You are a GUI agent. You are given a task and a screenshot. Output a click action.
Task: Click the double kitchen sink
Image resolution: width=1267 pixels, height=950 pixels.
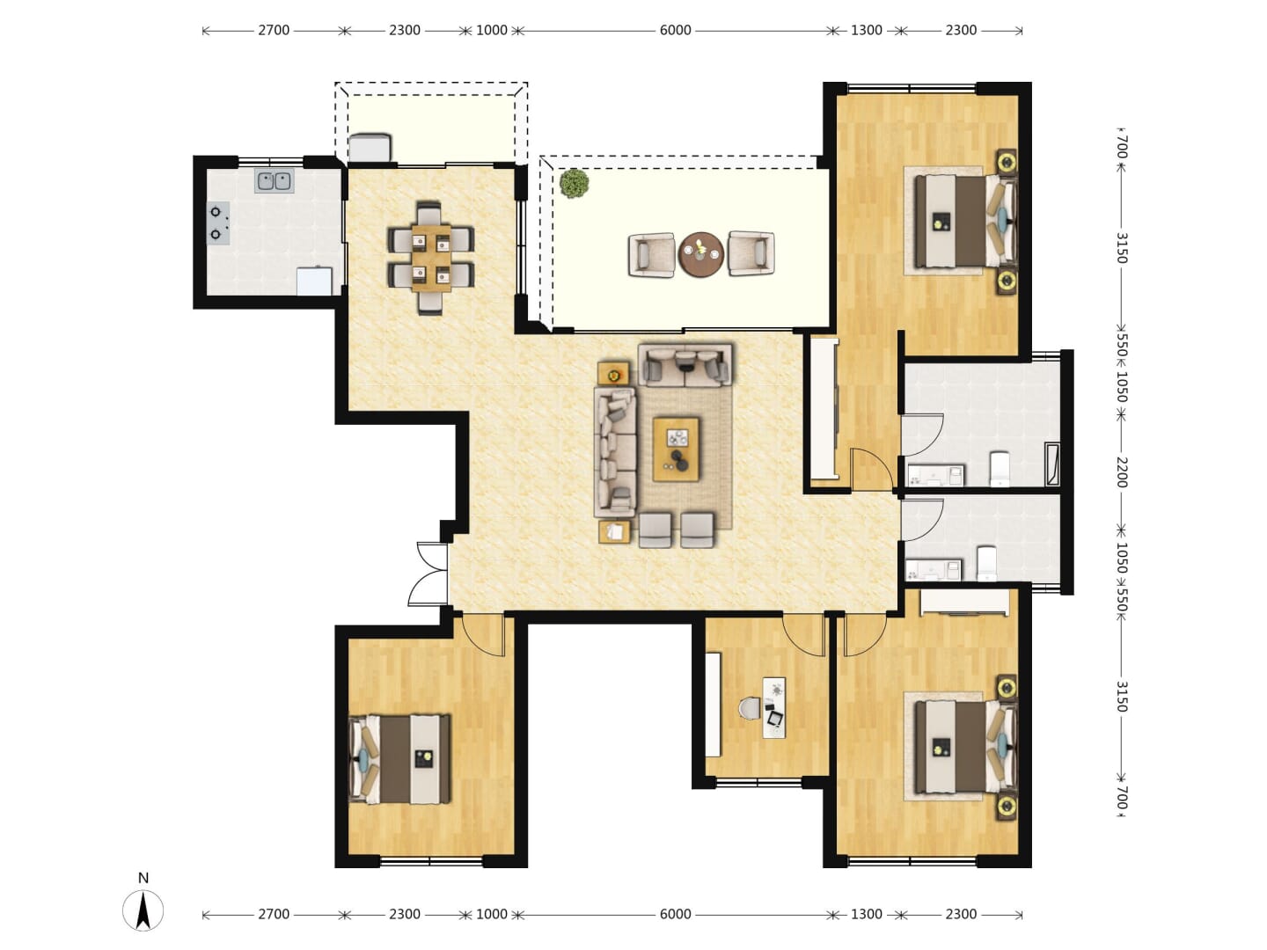click(x=274, y=180)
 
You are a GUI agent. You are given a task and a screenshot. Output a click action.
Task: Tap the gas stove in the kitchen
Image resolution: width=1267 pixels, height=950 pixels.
click(x=218, y=223)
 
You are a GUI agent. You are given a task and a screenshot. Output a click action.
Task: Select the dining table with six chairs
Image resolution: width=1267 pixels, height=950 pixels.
click(x=431, y=257)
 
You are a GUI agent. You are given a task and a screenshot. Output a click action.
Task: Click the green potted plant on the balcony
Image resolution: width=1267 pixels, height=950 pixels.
click(x=574, y=184)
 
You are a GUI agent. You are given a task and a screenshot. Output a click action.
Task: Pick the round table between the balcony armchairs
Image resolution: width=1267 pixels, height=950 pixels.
click(x=700, y=254)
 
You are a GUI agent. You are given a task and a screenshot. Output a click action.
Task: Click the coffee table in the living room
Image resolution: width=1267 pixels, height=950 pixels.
click(x=676, y=449)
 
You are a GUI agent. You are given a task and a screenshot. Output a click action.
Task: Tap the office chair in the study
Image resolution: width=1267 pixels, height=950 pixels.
click(x=750, y=708)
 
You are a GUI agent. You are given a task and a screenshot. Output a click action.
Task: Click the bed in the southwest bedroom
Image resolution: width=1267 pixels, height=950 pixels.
click(x=399, y=759)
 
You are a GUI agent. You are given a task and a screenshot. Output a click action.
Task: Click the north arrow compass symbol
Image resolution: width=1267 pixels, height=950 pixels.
click(x=143, y=910)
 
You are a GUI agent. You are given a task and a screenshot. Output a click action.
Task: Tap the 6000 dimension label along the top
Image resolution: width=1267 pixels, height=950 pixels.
click(x=675, y=30)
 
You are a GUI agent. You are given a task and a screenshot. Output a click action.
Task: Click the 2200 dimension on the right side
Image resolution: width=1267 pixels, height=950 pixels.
click(x=1120, y=471)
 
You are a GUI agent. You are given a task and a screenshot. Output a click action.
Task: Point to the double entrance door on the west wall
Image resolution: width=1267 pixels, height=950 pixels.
click(x=428, y=574)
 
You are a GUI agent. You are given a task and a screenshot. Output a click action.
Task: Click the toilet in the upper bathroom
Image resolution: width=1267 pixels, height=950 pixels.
click(x=1000, y=468)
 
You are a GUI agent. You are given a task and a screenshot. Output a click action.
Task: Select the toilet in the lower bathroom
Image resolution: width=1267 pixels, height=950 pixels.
click(x=986, y=564)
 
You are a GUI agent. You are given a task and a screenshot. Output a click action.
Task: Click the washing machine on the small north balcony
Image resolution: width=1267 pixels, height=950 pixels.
click(x=370, y=148)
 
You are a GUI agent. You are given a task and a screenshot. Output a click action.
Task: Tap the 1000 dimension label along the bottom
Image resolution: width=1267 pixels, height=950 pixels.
click(x=491, y=914)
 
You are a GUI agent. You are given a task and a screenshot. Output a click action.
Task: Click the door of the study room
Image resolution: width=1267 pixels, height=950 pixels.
click(x=803, y=635)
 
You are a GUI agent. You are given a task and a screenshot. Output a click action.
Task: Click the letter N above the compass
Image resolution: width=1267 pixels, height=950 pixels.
click(x=143, y=878)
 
